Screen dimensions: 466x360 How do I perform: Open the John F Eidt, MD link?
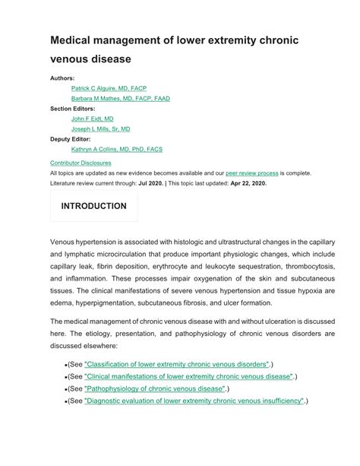pos(92,119)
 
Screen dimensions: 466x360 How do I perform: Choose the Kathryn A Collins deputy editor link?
pos(117,150)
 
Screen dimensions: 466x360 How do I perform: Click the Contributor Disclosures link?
pos(81,163)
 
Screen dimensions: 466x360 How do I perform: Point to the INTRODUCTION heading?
pos(93,206)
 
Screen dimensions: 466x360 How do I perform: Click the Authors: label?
pos(62,78)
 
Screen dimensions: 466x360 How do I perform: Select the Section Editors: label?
pos(73,109)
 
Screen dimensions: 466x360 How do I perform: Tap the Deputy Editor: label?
pos(70,139)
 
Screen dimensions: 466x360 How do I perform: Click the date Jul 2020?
pos(150,183)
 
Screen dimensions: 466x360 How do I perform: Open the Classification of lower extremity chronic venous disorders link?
pos(177,364)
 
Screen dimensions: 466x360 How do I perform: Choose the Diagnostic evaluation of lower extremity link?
pos(194,401)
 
